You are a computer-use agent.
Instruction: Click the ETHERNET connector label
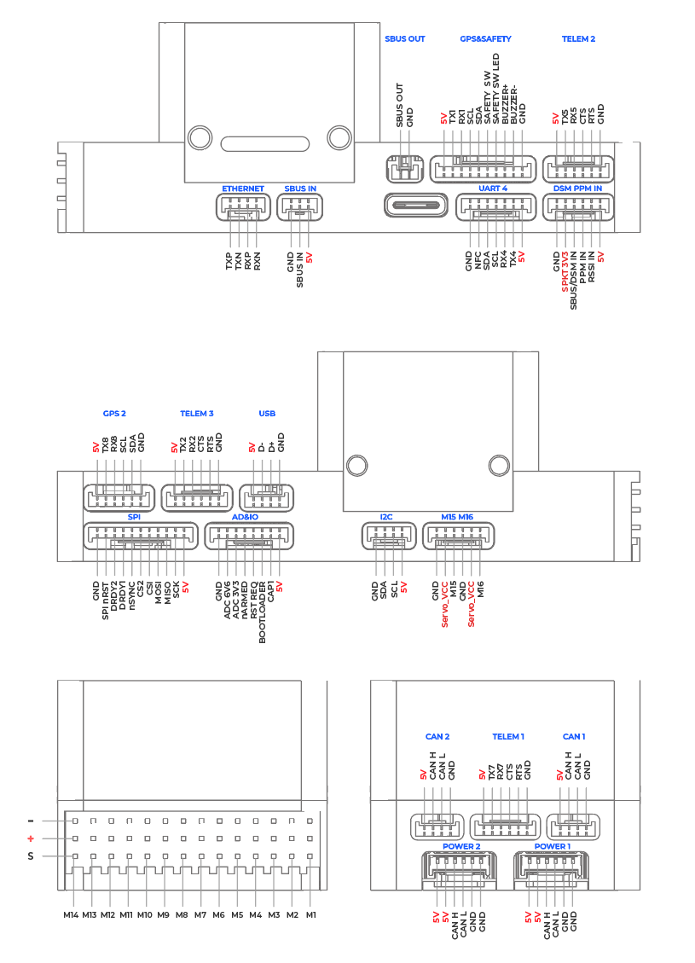coord(243,189)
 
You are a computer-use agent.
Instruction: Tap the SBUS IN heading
coord(300,189)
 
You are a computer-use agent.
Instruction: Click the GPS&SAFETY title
coord(485,39)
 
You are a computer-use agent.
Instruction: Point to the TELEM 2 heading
coord(578,39)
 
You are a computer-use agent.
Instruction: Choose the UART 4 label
coord(493,189)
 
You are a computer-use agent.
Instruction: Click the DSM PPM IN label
coord(578,189)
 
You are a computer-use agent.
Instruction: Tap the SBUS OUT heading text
coord(405,39)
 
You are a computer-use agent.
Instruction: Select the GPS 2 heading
coord(114,414)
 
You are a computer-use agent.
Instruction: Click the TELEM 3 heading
coord(196,414)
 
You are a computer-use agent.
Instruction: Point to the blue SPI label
coord(134,518)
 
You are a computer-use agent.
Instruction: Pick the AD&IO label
coord(245,518)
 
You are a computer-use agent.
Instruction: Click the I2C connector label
coord(386,518)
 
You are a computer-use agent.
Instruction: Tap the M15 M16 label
coord(458,518)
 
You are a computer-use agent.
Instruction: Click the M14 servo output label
coord(71,915)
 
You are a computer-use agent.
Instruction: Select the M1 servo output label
coord(311,915)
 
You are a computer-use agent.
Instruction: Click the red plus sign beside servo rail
coord(31,838)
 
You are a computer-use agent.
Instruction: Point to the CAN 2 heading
coord(437,736)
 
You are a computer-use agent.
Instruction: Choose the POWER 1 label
coord(553,847)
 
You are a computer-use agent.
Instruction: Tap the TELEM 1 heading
coord(508,736)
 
